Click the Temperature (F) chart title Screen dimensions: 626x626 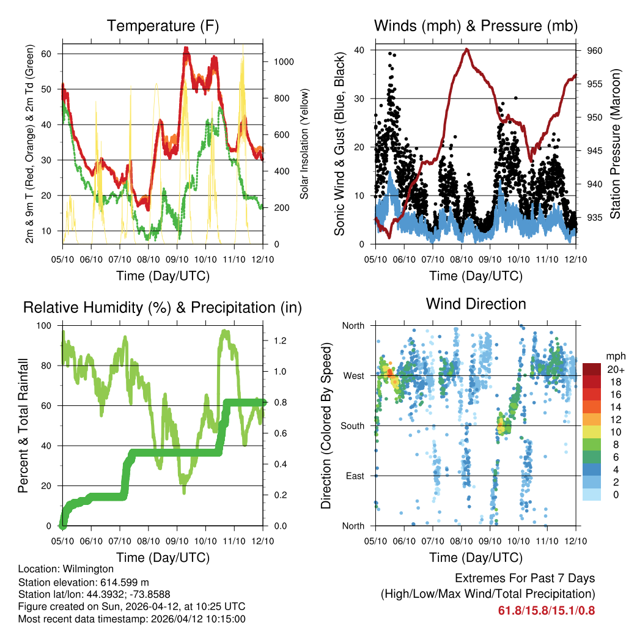[163, 26]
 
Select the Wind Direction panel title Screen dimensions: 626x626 [476, 304]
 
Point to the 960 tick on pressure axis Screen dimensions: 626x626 [595, 51]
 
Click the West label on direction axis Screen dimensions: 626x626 [355, 375]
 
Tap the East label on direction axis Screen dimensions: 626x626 [355, 476]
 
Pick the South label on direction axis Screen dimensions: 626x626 [353, 425]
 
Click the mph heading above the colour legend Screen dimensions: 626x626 [614, 356]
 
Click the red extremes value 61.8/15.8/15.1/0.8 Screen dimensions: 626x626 [547, 610]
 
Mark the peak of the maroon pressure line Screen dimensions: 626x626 [467, 49]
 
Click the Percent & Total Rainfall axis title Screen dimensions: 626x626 [23, 425]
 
